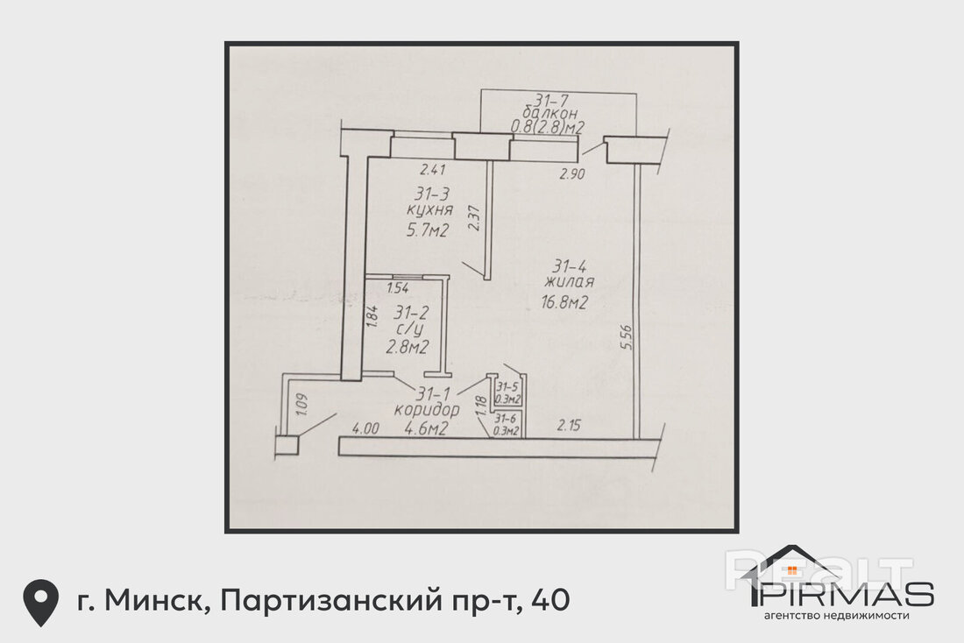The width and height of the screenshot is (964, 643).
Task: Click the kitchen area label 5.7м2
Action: coord(428,230)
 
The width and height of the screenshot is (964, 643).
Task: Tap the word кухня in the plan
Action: coord(429,210)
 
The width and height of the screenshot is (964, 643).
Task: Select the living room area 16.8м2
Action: coord(565,302)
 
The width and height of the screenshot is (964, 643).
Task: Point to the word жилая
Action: coord(570,282)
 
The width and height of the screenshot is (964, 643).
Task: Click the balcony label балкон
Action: coord(549,113)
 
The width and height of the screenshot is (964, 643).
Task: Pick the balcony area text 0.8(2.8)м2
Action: coord(547,127)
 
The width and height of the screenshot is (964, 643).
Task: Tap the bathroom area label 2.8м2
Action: coord(407,348)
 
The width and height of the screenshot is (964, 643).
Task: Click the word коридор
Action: coord(427,410)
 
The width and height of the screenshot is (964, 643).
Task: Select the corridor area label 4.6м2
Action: coord(425,428)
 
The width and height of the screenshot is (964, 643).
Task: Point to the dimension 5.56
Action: coord(627,337)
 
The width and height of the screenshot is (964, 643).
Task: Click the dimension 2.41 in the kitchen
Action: coord(433,170)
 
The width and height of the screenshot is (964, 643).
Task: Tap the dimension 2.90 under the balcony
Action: coord(571,174)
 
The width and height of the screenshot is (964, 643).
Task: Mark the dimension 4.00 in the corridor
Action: coord(365,428)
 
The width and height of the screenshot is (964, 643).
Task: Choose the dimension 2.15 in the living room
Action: coord(569,425)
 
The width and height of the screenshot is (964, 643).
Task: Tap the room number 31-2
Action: coord(412,312)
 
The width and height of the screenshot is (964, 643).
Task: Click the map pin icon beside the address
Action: coord(41,602)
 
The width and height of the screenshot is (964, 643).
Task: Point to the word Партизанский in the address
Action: coord(330,600)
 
